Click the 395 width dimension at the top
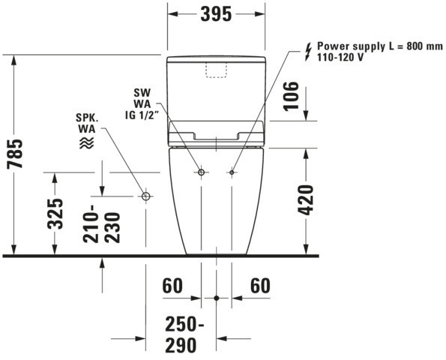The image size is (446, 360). pyautogui.click(x=216, y=14)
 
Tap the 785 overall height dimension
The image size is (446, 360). pyautogui.click(x=15, y=154)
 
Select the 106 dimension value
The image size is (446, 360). pyautogui.click(x=291, y=96)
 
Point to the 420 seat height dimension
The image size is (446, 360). pyautogui.click(x=305, y=199)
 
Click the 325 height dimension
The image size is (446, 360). pyautogui.click(x=55, y=214)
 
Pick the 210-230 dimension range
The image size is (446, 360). pyautogui.click(x=102, y=223)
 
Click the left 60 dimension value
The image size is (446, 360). pyautogui.click(x=172, y=286)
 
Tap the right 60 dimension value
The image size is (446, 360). pyautogui.click(x=260, y=286)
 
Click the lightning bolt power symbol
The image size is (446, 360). pyautogui.click(x=308, y=52)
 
